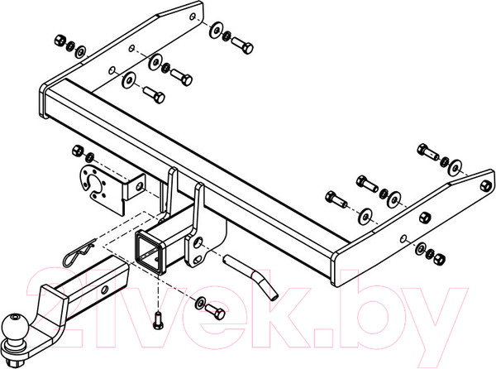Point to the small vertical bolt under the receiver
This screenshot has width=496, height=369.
(x=158, y=320)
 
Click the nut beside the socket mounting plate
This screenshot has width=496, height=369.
(x=78, y=150)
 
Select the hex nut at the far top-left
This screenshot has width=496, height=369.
(x=60, y=41)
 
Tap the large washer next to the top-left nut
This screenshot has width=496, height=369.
(x=81, y=51)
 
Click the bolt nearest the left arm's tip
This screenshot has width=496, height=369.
(x=242, y=46)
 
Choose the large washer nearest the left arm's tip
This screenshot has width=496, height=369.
(x=216, y=31)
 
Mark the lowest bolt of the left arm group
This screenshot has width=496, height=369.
(x=154, y=94)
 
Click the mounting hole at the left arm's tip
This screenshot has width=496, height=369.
(x=193, y=17)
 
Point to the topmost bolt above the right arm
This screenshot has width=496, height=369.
(x=427, y=151)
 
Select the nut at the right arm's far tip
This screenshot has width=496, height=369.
(x=486, y=185)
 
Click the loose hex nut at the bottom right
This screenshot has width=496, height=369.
(x=439, y=259)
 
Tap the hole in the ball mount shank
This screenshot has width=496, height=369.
(x=105, y=288)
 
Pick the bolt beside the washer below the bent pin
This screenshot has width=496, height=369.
(x=215, y=311)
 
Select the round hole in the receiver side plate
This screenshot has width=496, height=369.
(x=198, y=242)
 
